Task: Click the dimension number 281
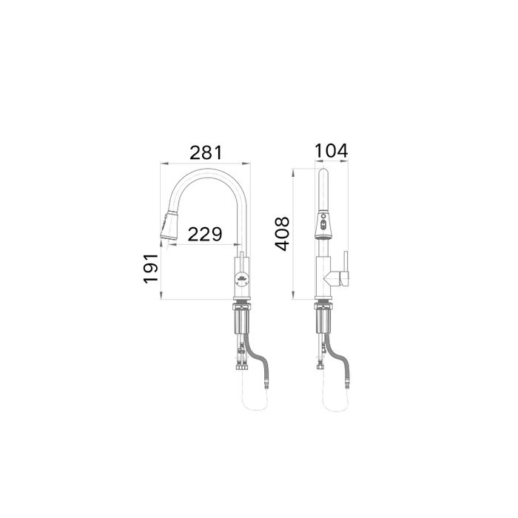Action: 206,152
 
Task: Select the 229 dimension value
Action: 205,234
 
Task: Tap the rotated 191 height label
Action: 151,269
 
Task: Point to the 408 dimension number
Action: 282,234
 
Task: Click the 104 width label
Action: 331,151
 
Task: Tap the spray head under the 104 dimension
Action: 323,224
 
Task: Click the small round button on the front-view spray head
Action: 323,216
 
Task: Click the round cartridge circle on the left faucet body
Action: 241,279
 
